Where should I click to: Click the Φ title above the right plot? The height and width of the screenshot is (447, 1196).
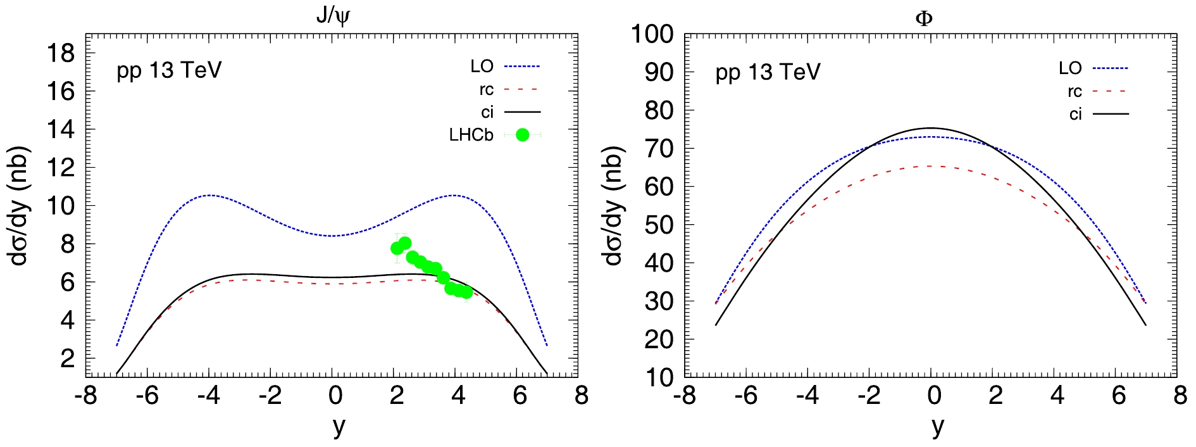(x=924, y=18)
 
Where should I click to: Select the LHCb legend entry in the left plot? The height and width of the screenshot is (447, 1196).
(x=471, y=135)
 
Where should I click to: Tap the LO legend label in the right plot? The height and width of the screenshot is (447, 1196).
(x=1070, y=68)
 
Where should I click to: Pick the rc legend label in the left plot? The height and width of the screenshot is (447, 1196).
(x=486, y=90)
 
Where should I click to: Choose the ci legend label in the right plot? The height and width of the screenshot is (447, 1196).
(x=1075, y=114)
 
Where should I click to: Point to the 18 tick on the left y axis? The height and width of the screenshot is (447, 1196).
(x=61, y=53)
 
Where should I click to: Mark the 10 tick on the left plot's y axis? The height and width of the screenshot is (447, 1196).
(x=61, y=206)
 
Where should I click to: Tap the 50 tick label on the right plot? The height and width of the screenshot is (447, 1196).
(x=659, y=225)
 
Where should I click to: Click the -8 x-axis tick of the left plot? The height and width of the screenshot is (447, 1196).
(x=85, y=396)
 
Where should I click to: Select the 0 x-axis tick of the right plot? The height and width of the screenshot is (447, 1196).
(x=934, y=396)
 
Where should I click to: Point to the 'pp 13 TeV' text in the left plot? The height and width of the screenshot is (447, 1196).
(x=169, y=70)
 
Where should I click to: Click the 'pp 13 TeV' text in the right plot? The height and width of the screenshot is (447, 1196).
(x=768, y=72)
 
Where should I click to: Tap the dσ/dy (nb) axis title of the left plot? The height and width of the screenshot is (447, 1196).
(x=19, y=206)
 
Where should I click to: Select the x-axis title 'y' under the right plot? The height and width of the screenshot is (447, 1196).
(x=937, y=426)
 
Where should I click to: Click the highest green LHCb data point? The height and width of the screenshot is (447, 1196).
(x=405, y=243)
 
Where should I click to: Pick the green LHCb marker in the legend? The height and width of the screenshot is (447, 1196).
(x=522, y=135)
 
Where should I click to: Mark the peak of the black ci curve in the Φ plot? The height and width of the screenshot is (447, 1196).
(x=931, y=128)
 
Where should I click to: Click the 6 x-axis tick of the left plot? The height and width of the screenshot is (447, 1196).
(x=520, y=396)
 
